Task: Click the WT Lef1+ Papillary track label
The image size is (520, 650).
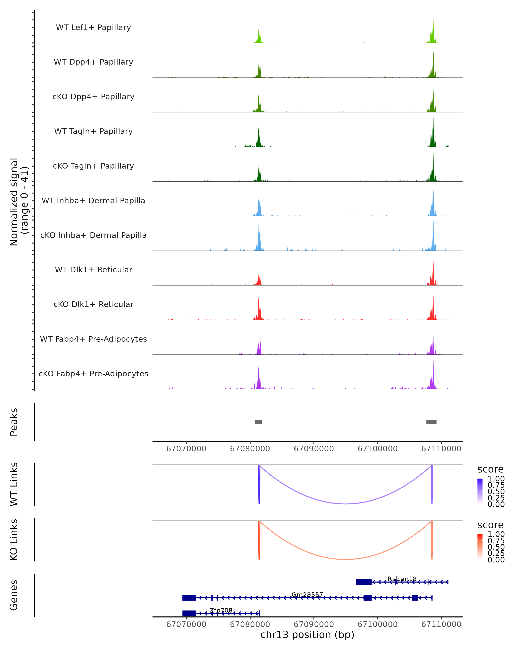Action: click(93, 28)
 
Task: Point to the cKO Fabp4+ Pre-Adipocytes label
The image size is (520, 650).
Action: click(93, 374)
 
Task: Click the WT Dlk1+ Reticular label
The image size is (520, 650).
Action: click(93, 270)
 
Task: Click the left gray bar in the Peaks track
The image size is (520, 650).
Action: click(258, 422)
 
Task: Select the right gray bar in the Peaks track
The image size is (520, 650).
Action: click(431, 422)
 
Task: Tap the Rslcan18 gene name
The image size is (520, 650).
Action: click(402, 579)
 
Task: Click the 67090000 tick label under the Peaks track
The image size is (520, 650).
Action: click(314, 449)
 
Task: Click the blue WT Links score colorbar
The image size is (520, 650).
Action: click(480, 491)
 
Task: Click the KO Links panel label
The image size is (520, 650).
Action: click(14, 540)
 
